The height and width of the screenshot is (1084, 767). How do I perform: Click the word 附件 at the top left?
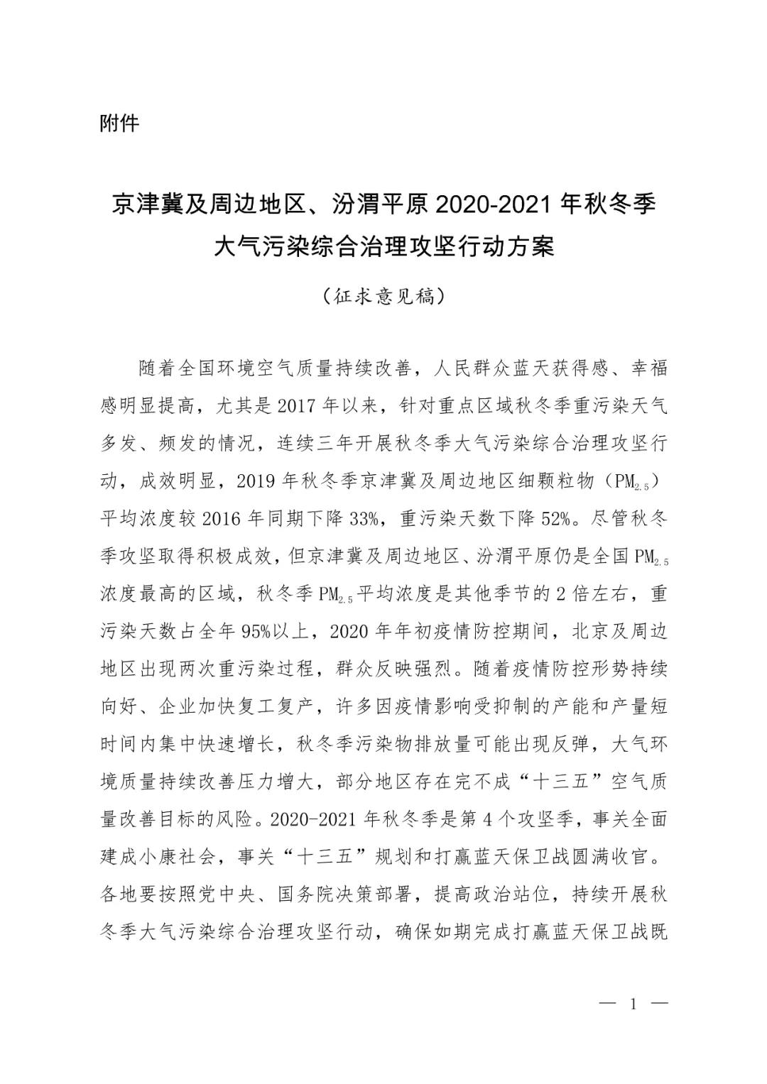click(119, 124)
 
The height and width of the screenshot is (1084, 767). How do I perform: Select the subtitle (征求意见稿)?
click(383, 295)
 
